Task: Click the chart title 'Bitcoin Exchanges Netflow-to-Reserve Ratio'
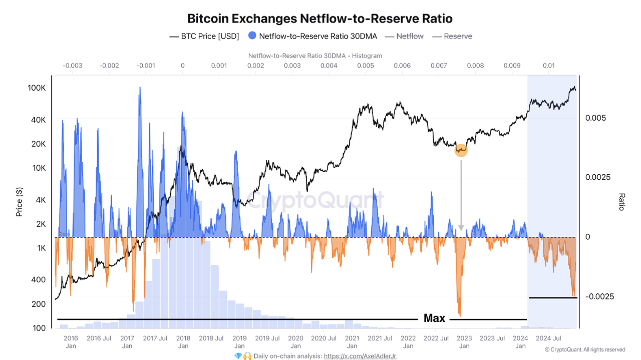[319, 19]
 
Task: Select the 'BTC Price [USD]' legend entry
[204, 36]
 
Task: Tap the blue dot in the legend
[252, 36]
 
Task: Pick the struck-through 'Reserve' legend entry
[452, 36]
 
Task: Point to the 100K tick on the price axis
[37, 88]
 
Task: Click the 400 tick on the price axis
[39, 280]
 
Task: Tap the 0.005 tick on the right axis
[596, 118]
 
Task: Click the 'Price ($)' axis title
[20, 201]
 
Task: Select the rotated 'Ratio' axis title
[622, 201]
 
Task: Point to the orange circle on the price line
[461, 150]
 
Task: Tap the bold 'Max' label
[434, 318]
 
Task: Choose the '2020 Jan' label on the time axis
[295, 342]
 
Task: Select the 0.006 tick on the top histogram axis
[402, 66]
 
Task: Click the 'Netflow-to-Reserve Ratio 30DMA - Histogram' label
[315, 56]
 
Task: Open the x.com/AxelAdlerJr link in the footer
[360, 356]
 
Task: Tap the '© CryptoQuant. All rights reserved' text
[584, 349]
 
